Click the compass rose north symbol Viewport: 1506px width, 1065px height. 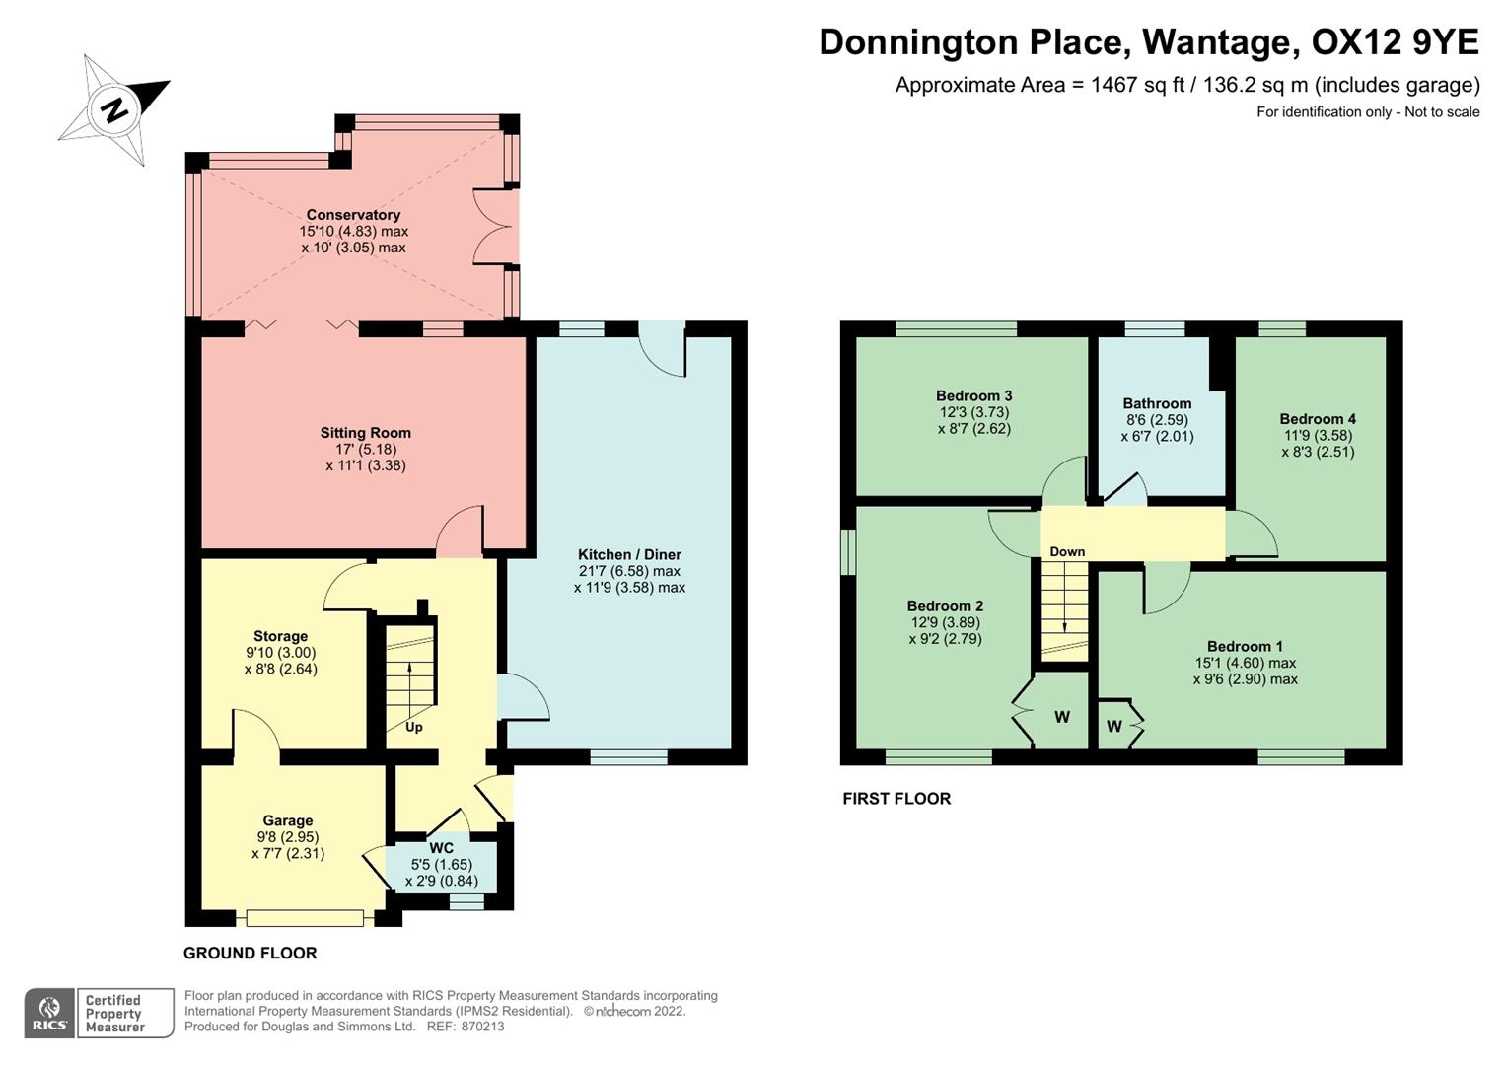114,108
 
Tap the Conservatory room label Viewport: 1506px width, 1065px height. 353,215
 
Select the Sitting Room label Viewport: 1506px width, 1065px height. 365,433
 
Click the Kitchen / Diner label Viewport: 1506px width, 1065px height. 629,554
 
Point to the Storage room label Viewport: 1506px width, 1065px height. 280,636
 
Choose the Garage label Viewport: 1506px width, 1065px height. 287,820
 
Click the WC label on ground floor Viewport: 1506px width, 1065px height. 441,848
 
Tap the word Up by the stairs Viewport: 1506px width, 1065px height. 414,727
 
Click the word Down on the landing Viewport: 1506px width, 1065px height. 1067,552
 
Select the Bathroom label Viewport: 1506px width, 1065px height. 1157,403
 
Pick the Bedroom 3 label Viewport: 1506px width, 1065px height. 973,395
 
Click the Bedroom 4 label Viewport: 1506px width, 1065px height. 1318,419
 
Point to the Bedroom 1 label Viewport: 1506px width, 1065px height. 1245,647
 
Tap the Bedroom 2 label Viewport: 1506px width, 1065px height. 945,606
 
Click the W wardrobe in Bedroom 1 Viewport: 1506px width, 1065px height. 1114,727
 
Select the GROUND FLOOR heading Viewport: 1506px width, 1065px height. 250,954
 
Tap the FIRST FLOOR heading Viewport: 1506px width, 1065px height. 896,799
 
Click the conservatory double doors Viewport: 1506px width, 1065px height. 495,226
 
